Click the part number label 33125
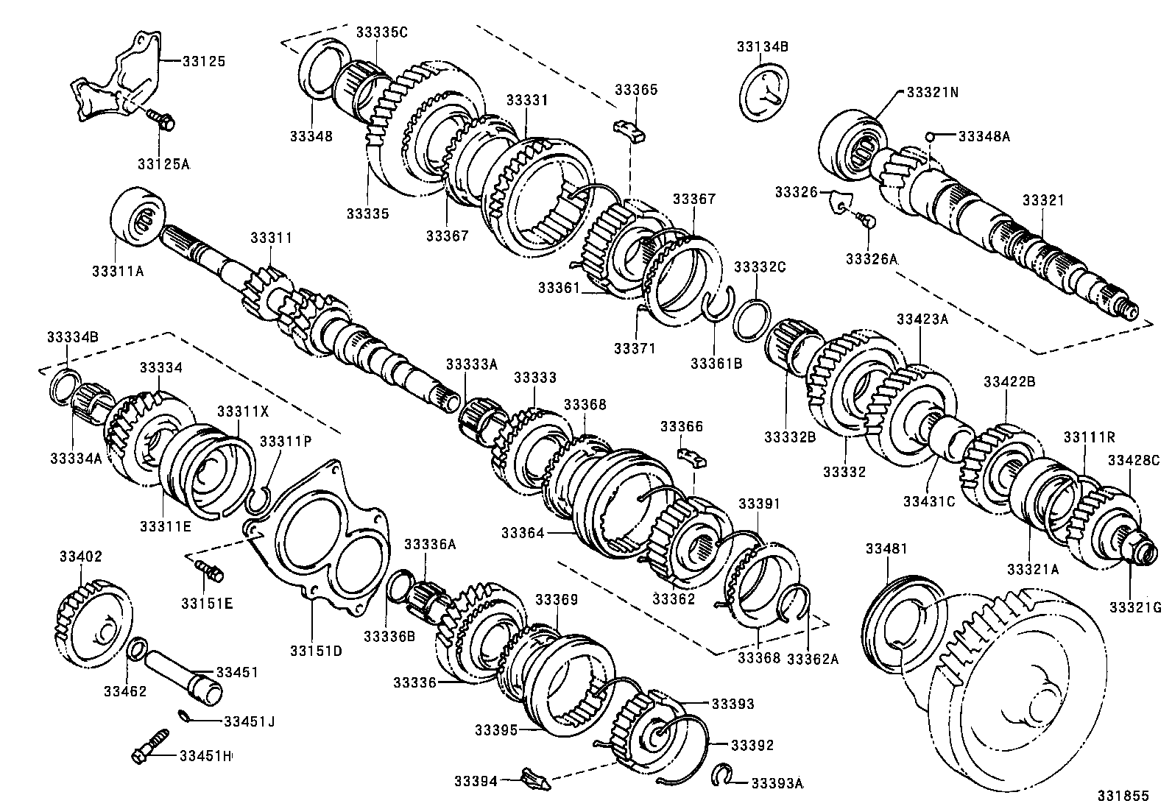[204, 60]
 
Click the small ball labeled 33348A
[931, 136]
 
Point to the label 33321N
[932, 93]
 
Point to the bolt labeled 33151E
[210, 569]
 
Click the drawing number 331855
[1123, 796]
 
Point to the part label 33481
[886, 548]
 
